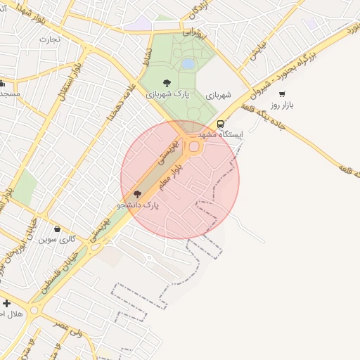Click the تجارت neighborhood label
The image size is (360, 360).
[51, 39]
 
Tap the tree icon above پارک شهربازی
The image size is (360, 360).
[166, 83]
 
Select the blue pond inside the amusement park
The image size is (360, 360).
[188, 64]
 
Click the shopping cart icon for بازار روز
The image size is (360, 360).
[282, 94]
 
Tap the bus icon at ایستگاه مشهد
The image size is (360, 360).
[221, 124]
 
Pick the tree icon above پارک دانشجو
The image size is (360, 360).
[137, 194]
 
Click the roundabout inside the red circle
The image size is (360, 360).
[193, 146]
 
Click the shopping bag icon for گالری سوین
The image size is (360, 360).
[57, 229]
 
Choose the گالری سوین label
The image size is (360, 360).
[57, 240]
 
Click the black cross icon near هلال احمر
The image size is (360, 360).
[6, 303]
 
